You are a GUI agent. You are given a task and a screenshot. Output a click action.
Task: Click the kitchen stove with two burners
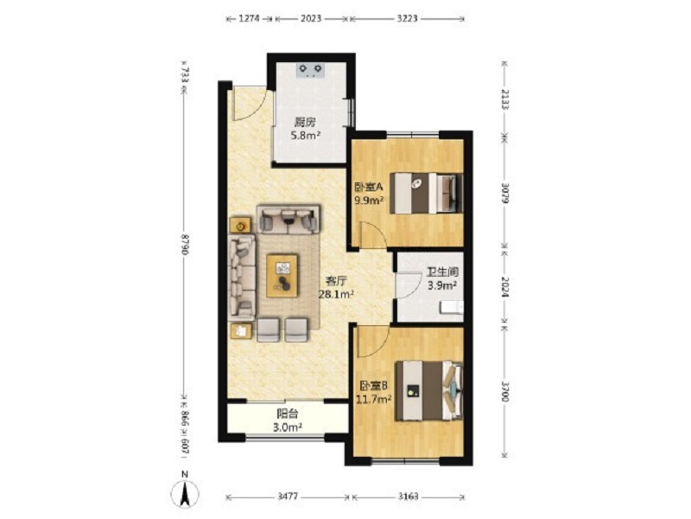311,71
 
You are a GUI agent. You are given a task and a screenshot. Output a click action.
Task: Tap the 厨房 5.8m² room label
306,128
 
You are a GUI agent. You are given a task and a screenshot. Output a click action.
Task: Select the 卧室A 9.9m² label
370,194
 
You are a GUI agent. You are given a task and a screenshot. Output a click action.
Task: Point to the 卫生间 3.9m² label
442,279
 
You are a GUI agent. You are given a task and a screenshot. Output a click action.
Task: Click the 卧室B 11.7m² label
374,393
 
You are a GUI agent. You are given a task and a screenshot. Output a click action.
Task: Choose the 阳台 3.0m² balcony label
288,420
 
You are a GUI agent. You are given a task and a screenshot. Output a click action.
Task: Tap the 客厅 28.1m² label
336,287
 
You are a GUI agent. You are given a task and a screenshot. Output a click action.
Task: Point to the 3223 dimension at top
407,18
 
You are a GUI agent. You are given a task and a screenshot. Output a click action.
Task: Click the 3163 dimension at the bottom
408,497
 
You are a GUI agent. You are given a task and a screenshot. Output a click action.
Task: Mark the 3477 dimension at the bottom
288,497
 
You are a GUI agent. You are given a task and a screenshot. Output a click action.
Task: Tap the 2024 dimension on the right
505,287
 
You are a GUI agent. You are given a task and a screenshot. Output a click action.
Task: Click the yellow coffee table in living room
282,275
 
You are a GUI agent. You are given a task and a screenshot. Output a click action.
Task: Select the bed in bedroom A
426,193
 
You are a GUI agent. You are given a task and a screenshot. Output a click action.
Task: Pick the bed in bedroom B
428,391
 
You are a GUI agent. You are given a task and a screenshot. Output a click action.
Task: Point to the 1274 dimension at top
249,18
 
